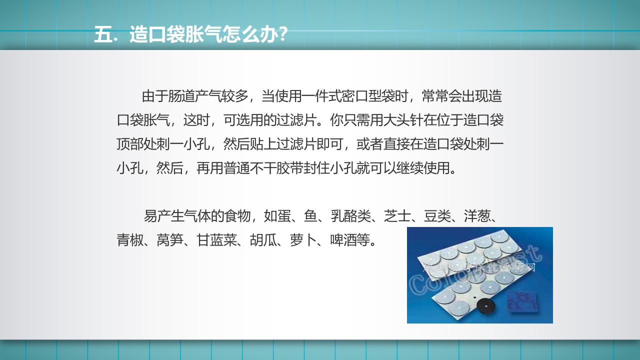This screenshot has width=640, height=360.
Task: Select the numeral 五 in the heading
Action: (x=102, y=36)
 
